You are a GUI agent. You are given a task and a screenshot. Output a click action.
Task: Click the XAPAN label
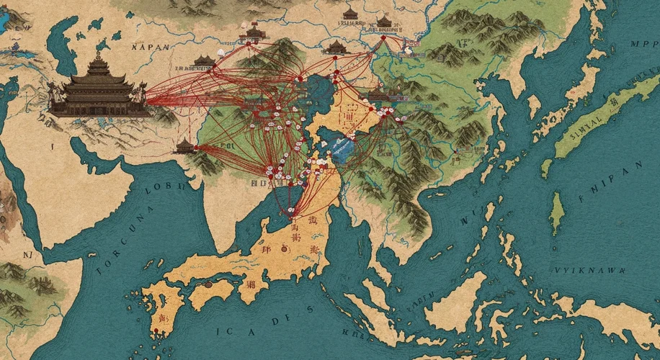pyautogui.click(x=151, y=47)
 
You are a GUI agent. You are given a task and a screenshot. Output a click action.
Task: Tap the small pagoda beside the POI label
pyautogui.click(x=185, y=146)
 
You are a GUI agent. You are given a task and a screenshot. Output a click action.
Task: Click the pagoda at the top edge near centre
pyautogui.click(x=350, y=14)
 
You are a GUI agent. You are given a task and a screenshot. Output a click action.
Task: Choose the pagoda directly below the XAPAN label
pyautogui.click(x=204, y=60)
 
